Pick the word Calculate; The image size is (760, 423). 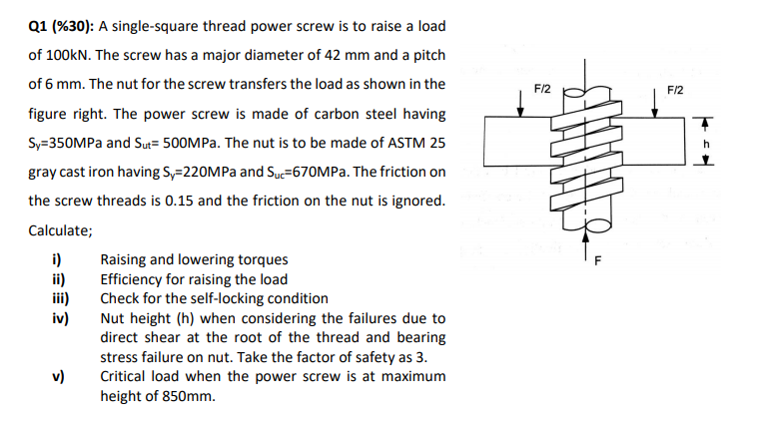pyautogui.click(x=61, y=230)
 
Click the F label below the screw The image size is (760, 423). pyautogui.click(x=597, y=262)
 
